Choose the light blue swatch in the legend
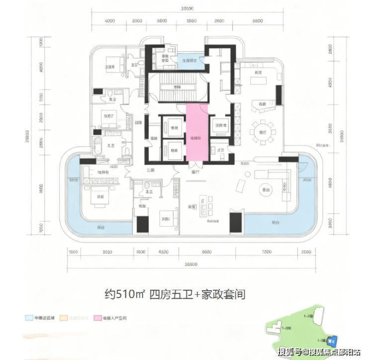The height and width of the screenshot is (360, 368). [28, 317]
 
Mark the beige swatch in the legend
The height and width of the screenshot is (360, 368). [63, 317]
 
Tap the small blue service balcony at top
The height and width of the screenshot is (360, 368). [187, 60]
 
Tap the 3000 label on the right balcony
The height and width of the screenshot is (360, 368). [306, 180]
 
